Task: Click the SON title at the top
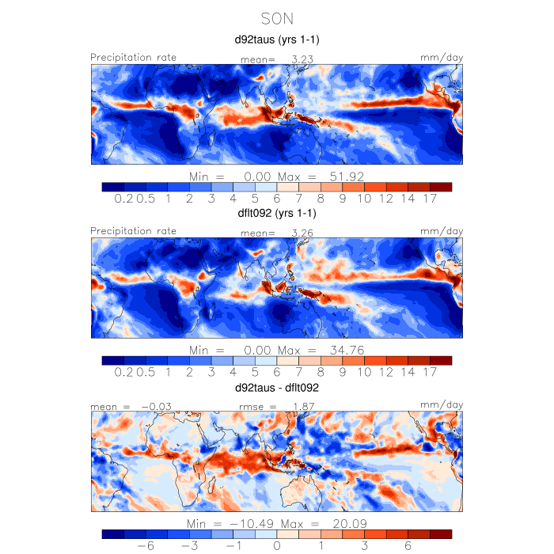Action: click(x=277, y=17)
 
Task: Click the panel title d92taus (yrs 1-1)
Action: click(x=277, y=39)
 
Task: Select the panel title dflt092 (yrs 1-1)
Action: click(x=277, y=213)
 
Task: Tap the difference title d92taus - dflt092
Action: click(x=277, y=388)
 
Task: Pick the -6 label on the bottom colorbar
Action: click(x=146, y=547)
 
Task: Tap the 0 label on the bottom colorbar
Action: click(x=277, y=547)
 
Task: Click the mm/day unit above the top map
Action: click(x=441, y=57)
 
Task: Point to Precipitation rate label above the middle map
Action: click(x=134, y=230)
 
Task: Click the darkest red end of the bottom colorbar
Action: click(x=441, y=534)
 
